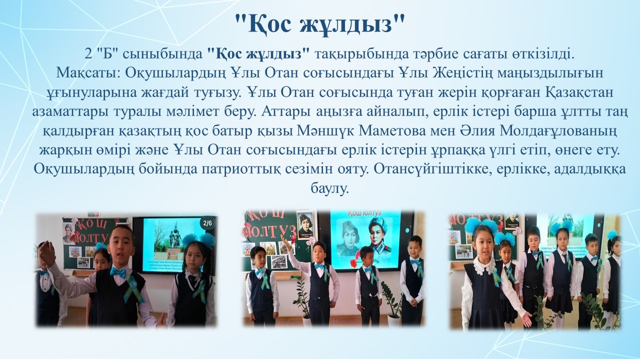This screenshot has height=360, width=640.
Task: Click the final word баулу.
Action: [329, 188]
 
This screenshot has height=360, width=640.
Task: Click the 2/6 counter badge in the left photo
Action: [207, 223]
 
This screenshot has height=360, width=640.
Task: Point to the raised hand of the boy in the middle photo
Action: [285, 239]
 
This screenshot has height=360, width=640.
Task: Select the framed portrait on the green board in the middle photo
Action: [305, 225]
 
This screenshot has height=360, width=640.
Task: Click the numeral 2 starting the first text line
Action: [88, 54]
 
